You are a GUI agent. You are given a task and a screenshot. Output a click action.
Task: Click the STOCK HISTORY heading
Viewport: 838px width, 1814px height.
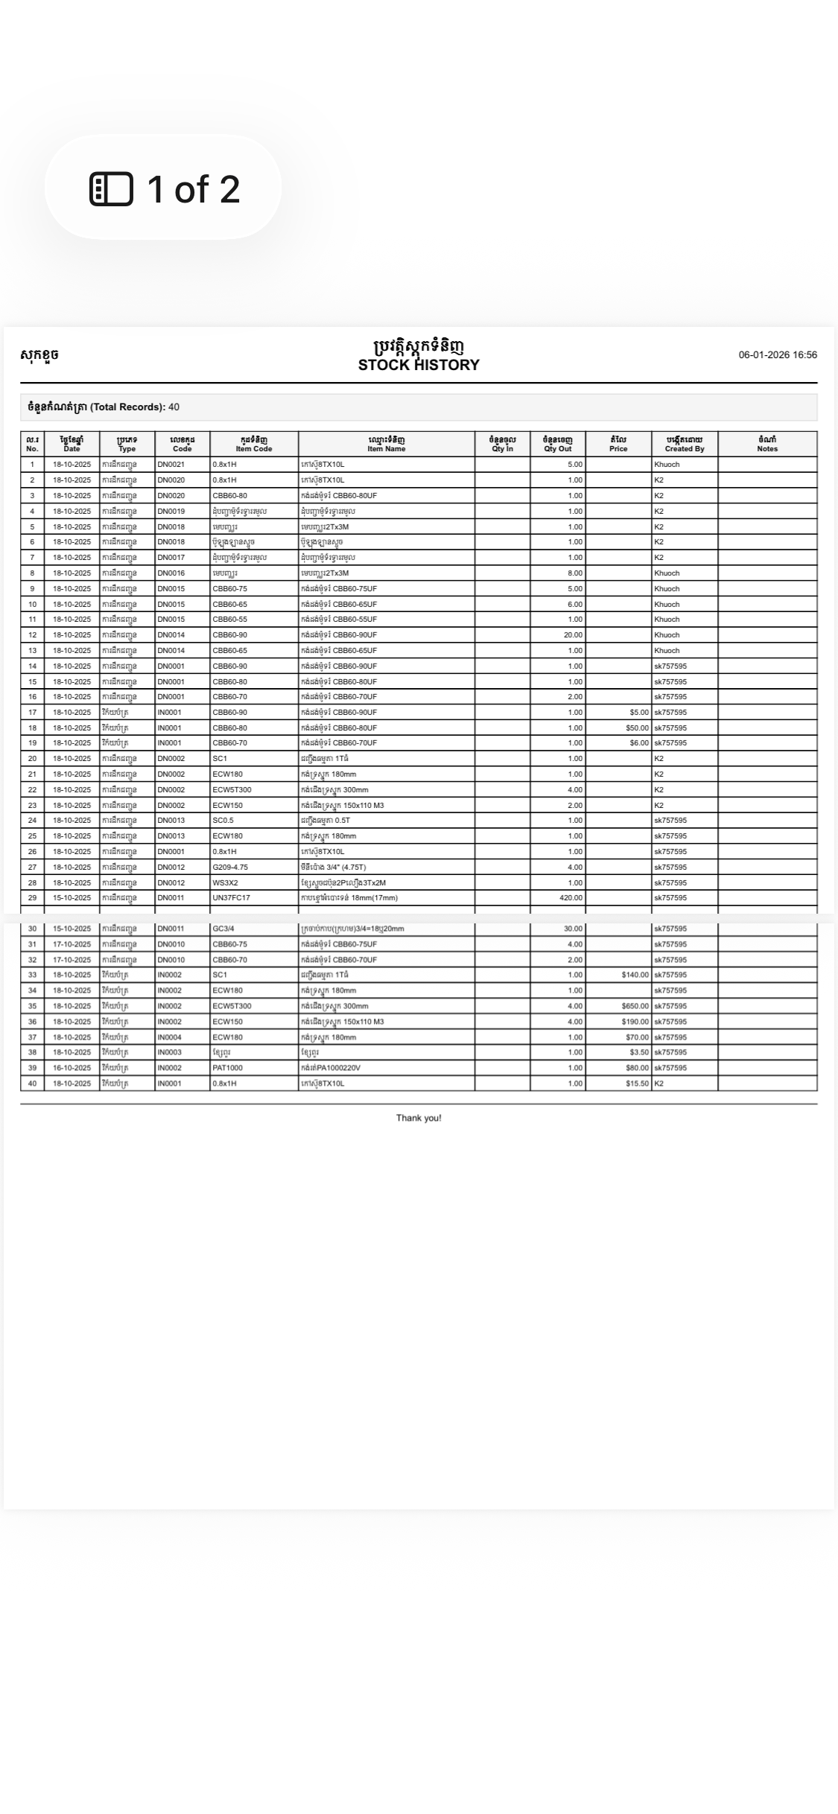tap(419, 365)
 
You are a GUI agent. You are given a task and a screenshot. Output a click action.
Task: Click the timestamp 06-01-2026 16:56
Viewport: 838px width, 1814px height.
tap(777, 355)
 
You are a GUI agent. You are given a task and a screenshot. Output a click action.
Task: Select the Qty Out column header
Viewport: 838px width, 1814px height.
tap(557, 445)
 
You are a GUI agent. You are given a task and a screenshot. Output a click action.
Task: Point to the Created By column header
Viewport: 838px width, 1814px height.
tap(684, 445)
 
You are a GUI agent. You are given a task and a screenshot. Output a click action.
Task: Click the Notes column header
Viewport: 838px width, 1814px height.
tap(766, 445)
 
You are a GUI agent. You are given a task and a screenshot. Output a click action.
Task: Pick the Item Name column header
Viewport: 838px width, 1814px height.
tap(386, 445)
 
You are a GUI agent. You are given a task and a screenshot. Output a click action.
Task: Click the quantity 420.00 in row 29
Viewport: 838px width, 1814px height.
tap(571, 898)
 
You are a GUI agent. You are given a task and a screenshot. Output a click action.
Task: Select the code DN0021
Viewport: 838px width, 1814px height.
tap(171, 465)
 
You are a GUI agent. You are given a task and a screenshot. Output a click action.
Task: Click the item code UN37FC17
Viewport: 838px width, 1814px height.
tap(231, 898)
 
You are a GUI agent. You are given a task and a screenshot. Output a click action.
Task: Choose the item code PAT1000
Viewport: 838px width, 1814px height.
tap(227, 1068)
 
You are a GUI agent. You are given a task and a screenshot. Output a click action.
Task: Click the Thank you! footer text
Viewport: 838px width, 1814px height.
tap(419, 1118)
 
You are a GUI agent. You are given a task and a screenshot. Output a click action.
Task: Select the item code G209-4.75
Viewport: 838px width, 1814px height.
tap(230, 867)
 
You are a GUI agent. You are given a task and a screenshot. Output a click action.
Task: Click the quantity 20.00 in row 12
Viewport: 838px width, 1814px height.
tap(573, 635)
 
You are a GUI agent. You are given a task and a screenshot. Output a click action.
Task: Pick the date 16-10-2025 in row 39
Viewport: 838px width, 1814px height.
tap(72, 1068)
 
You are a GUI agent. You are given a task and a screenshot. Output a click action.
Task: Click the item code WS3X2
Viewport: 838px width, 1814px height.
tap(225, 882)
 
